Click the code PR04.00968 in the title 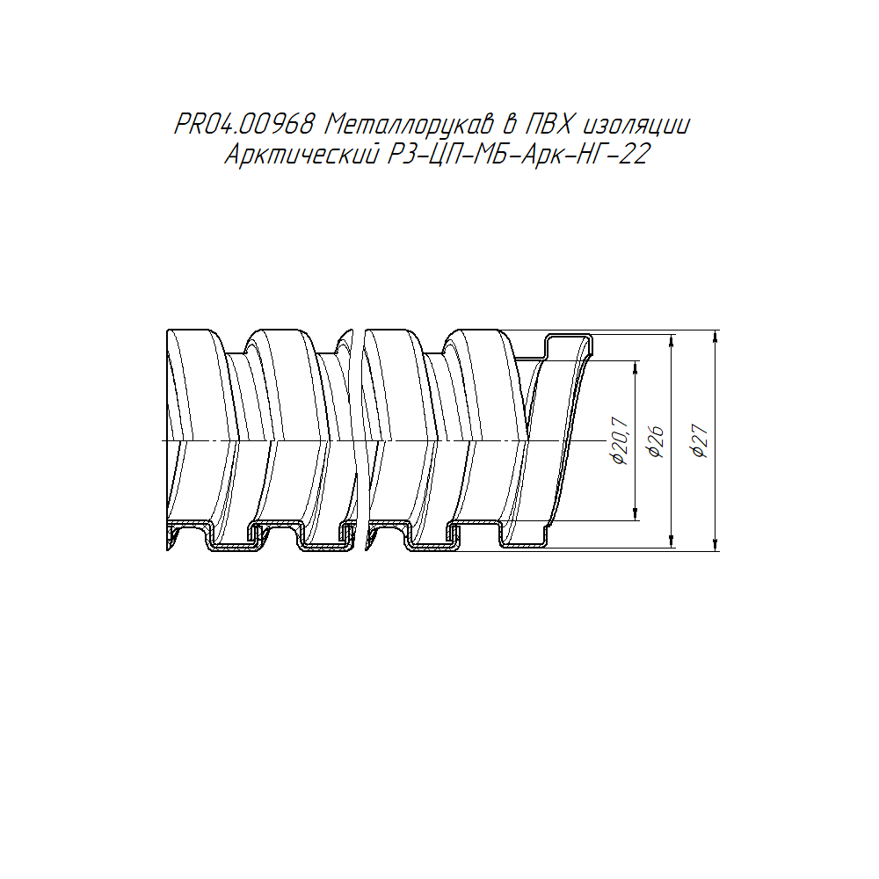click(243, 125)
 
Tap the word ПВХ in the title click(548, 125)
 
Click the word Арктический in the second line click(301, 154)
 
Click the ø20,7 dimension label click(620, 440)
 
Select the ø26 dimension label click(656, 442)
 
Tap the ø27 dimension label click(701, 441)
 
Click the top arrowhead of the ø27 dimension click(716, 337)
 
